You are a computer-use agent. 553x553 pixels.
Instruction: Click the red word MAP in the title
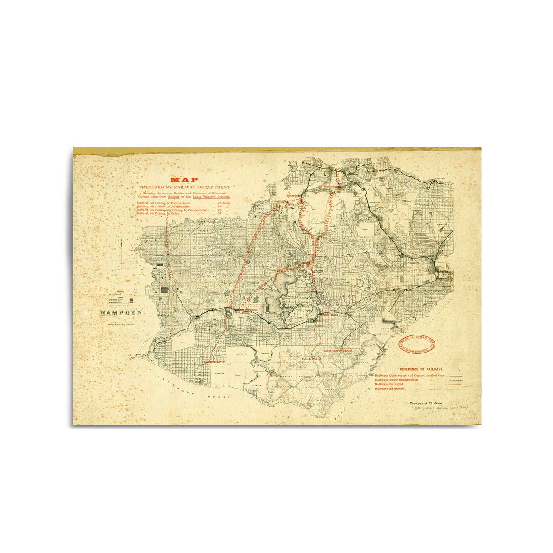point(184,180)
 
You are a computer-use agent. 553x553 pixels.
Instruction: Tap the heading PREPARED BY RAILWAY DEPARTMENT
point(184,187)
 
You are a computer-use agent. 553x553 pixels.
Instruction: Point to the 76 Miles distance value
point(224,203)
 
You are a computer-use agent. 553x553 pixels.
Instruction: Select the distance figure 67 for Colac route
point(220,214)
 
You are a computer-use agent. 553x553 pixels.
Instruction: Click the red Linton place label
point(281,202)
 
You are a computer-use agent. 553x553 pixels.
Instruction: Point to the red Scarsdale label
point(294,195)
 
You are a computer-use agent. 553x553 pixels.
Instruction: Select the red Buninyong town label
point(331,187)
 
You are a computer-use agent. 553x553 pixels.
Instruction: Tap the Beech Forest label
point(312,359)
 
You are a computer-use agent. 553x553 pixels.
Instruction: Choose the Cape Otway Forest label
point(338,351)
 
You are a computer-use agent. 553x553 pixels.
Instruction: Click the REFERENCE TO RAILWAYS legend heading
point(421,370)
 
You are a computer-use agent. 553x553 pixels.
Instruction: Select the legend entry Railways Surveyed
point(389,384)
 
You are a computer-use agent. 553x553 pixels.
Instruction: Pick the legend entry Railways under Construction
point(396,379)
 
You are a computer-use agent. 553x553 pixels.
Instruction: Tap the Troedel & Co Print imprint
point(426,403)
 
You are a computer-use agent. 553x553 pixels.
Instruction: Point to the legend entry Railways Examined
point(389,388)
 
